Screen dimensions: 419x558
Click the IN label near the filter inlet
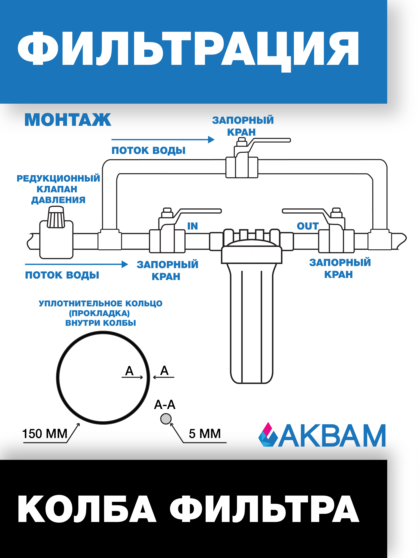click(x=192, y=226)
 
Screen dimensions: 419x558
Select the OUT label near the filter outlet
click(x=308, y=226)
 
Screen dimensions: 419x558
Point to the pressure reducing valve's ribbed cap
click(x=56, y=217)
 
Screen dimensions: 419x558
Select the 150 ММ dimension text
click(x=45, y=434)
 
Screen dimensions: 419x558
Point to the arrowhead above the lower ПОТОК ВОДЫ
click(x=125, y=264)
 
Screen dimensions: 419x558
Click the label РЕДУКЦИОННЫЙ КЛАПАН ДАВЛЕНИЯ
click(x=58, y=189)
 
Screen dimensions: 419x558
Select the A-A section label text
click(x=165, y=405)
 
